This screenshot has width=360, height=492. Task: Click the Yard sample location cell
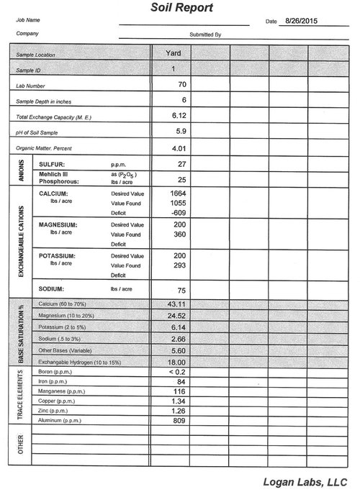coord(173,53)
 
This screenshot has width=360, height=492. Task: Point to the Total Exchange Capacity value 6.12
coord(180,115)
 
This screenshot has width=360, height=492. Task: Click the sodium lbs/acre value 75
coord(181,290)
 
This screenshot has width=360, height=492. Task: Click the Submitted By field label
coord(205,34)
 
